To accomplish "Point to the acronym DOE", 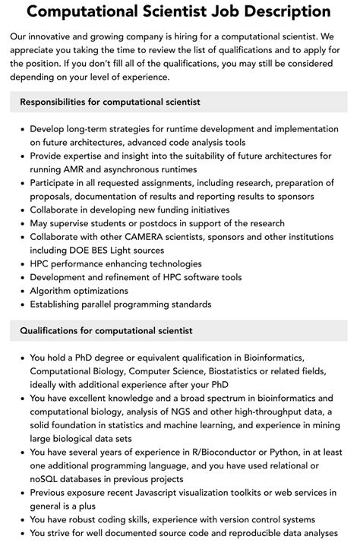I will [x=89, y=250].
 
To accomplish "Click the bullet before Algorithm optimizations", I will [x=21, y=291].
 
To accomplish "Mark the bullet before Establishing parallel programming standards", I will [x=21, y=304].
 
